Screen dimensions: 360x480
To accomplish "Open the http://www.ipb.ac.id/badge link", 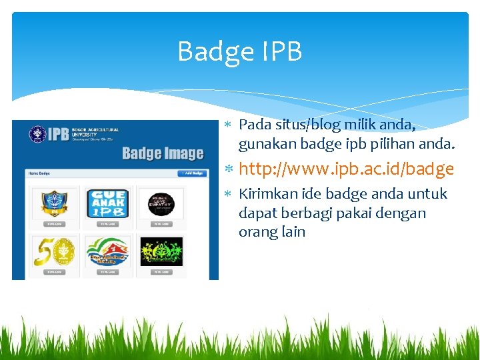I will pyautogui.click(x=347, y=169).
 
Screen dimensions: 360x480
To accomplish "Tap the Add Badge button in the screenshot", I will pyautogui.click(x=193, y=173).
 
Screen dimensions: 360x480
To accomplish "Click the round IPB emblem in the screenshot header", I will pyautogui.click(x=38, y=134).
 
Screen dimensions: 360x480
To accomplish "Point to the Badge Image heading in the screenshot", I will pyautogui.click(x=163, y=154).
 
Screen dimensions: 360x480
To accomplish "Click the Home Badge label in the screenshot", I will pyautogui.click(x=39, y=173).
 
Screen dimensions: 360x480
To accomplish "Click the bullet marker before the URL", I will pyautogui.click(x=227, y=169).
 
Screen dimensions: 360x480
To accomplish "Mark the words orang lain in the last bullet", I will pyautogui.click(x=272, y=232).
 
